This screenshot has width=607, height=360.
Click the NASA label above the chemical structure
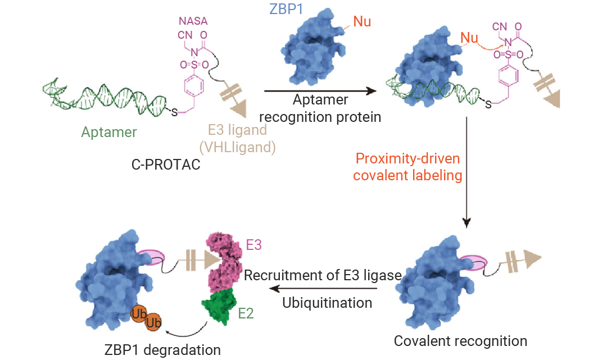pyautogui.click(x=193, y=21)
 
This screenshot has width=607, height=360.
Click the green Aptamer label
pyautogui.click(x=109, y=133)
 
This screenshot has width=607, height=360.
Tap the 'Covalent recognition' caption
pyautogui.click(x=460, y=341)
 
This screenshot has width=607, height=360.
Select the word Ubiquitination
pyautogui.click(x=327, y=303)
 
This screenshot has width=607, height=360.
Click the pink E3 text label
pyautogui.click(x=253, y=245)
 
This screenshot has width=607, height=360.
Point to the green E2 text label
pyautogui.click(x=246, y=313)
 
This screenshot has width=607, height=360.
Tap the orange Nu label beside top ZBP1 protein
pyautogui.click(x=362, y=22)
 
